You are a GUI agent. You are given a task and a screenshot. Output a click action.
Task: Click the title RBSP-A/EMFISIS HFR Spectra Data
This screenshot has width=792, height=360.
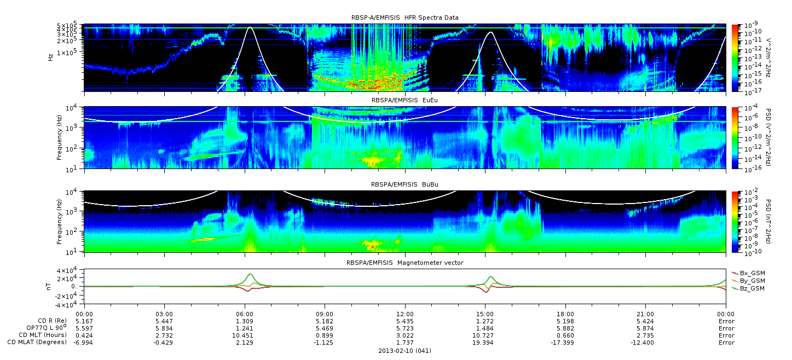pos(404,18)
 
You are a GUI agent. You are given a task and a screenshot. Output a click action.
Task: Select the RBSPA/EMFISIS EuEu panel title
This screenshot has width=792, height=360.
pos(404,100)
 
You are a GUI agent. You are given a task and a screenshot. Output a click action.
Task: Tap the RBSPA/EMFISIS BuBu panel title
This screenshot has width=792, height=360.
pos(404,184)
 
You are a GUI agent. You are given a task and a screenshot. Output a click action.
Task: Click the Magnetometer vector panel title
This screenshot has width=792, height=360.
pos(405,263)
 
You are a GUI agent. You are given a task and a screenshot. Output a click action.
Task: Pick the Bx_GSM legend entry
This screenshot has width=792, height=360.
pos(748,273)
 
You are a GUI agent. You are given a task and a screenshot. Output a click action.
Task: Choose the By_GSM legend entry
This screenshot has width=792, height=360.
pos(748,281)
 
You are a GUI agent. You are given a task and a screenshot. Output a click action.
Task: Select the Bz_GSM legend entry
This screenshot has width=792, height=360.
pos(748,289)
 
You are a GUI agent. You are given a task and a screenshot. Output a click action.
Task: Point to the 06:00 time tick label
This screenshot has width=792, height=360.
pos(245,314)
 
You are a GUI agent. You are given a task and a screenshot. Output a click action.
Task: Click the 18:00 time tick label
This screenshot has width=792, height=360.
pos(565,314)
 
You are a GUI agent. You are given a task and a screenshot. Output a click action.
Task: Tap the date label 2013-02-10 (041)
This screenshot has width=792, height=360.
pos(405,351)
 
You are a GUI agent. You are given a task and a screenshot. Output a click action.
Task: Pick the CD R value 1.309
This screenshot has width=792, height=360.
pos(245,322)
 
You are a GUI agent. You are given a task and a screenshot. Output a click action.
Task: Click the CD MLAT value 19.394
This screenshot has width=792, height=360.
pos(483,342)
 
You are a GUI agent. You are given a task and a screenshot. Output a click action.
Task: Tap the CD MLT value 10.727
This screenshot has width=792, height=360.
pos(483,335)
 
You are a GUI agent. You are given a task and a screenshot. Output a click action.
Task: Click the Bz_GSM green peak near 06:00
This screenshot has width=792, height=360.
pos(250,274)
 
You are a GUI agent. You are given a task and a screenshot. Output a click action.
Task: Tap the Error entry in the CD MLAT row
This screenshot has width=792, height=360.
pos(726,342)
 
